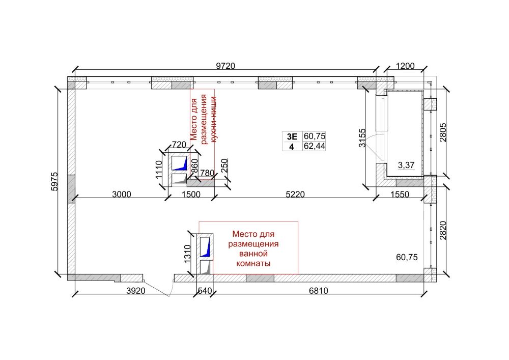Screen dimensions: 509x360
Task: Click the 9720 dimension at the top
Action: [225, 66]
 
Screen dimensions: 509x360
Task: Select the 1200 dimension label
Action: [406, 66]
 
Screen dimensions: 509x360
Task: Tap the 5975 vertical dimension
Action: [54, 181]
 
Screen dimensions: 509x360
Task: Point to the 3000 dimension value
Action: [122, 194]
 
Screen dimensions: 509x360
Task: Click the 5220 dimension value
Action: [295, 194]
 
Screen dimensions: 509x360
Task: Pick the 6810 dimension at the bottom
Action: [318, 291]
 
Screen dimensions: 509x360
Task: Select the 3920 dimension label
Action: [136, 291]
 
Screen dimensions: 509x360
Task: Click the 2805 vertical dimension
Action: [443, 132]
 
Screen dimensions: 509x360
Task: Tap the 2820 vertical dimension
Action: [443, 231]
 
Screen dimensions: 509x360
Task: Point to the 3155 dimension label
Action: [362, 138]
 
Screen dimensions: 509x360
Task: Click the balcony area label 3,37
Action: [406, 165]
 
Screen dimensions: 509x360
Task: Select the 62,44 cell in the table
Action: [314, 146]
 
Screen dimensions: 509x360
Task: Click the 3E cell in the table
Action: [292, 136]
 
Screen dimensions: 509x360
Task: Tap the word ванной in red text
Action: [253, 253]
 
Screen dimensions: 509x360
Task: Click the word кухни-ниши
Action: [213, 119]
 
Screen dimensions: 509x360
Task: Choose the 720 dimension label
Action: [179, 144]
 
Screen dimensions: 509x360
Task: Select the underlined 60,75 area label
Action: [407, 258]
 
